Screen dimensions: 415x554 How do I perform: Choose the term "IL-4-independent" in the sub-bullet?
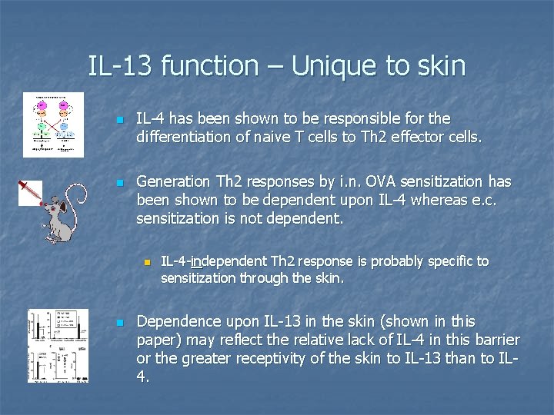(210, 261)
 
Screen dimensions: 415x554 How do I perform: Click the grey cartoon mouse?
(62, 213)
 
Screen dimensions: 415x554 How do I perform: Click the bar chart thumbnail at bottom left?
(58, 345)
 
